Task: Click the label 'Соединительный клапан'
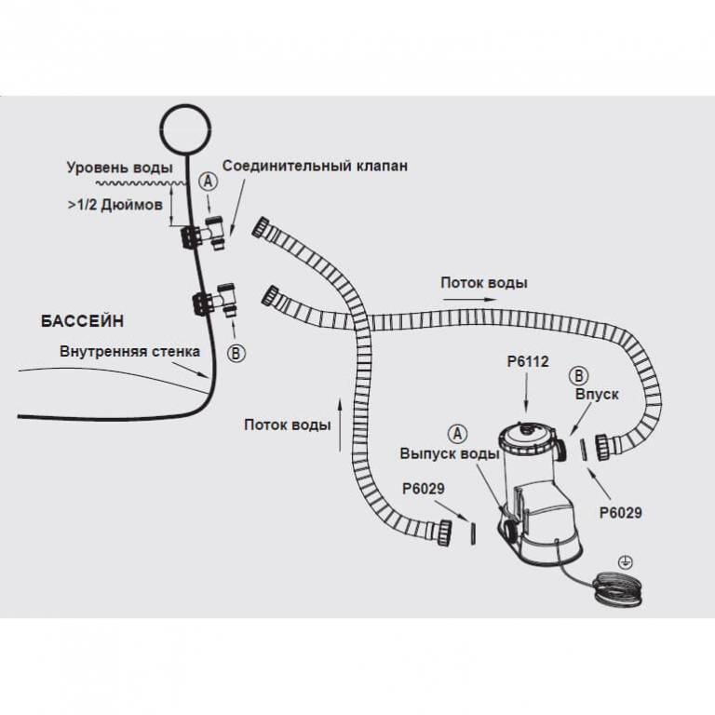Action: (315, 167)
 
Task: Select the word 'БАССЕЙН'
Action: (82, 319)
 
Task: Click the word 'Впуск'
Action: (597, 395)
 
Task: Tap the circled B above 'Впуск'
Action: (577, 375)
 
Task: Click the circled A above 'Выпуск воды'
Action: (456, 433)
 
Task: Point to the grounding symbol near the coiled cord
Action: (626, 561)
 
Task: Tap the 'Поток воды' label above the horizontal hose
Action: (484, 282)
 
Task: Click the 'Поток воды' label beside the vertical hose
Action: (287, 425)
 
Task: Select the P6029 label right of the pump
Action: (621, 512)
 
